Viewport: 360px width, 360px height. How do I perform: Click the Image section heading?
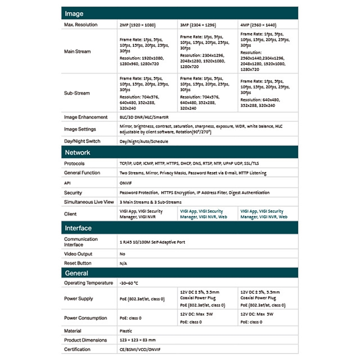(74, 14)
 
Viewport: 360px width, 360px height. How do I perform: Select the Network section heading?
(77, 153)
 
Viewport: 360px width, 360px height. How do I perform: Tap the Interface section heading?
(78, 228)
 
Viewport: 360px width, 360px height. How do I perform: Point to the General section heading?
(76, 273)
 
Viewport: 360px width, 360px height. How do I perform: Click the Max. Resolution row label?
(81, 25)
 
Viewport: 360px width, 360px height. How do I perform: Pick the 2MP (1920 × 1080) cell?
(137, 25)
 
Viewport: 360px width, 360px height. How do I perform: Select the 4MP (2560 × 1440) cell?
(258, 25)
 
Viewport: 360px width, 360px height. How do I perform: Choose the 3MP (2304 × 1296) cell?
(198, 25)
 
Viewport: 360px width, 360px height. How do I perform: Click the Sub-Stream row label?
(77, 93)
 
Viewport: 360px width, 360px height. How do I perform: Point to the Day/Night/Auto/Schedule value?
(144, 141)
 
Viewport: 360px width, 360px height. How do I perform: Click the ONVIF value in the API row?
(126, 183)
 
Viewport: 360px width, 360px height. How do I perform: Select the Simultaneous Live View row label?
(89, 202)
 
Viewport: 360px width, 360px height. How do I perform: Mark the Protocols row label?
(74, 163)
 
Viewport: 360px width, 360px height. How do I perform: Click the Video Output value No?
(122, 254)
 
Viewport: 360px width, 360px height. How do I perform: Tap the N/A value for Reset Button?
(123, 263)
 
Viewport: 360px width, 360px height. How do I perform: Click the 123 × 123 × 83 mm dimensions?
(138, 340)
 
